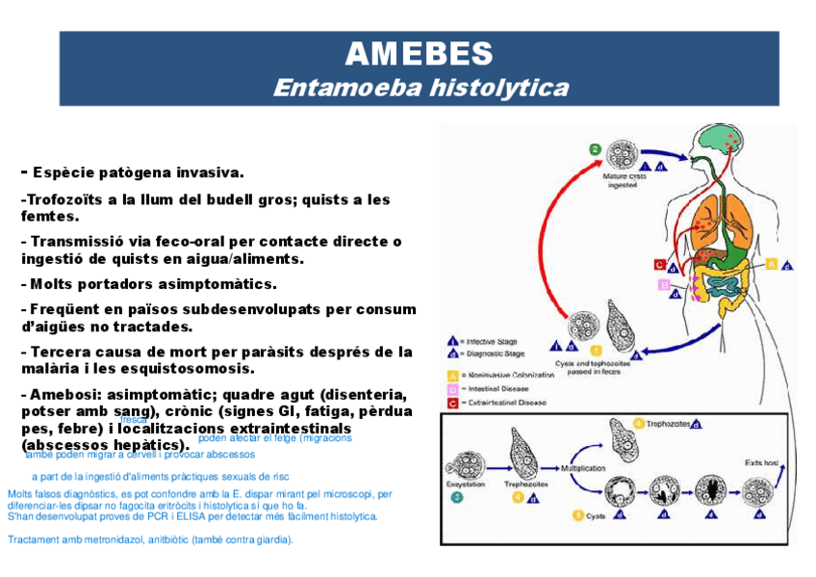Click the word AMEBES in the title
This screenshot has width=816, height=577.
pyautogui.click(x=419, y=53)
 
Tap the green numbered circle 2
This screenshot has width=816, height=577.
pyautogui.click(x=595, y=149)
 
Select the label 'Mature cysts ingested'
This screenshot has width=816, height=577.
pyautogui.click(x=621, y=181)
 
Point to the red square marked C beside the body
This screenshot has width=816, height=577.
pyautogui.click(x=659, y=264)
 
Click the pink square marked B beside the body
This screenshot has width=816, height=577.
pyautogui.click(x=663, y=284)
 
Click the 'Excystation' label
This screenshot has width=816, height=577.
pyautogui.click(x=464, y=484)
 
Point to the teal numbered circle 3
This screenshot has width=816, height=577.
pyautogui.click(x=456, y=498)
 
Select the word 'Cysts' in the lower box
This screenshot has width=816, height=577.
pyautogui.click(x=597, y=516)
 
